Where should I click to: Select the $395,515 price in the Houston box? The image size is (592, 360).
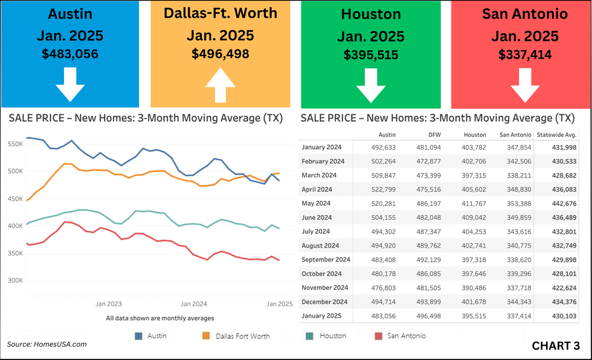tap(371, 54)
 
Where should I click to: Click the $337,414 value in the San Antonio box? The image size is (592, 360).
tap(525, 54)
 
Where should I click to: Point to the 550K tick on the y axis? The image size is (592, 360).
tap(14, 144)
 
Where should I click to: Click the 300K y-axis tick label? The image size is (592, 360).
tap(14, 280)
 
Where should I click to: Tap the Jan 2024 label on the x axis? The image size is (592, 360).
tap(194, 304)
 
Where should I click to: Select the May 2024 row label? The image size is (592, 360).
tap(317, 203)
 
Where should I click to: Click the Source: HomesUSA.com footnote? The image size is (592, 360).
tap(47, 344)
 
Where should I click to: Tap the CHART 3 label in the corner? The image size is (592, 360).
tap(556, 346)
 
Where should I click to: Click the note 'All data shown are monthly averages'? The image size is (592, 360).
tap(159, 318)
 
